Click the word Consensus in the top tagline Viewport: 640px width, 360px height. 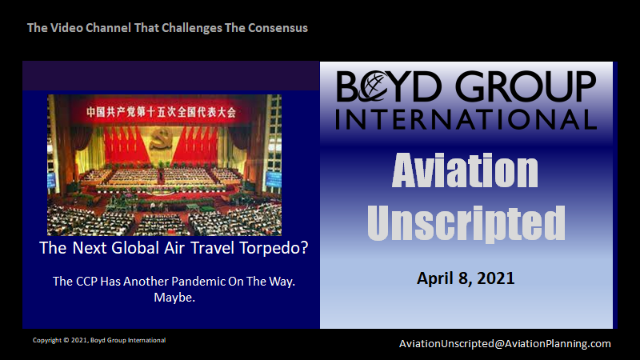point(278,28)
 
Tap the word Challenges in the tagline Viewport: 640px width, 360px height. point(192,28)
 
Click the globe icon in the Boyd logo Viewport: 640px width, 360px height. point(373,86)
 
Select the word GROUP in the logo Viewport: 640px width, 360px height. point(526,86)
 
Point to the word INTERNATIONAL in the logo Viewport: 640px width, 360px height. point(466,119)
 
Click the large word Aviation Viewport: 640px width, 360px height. point(465,170)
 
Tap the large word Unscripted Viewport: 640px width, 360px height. point(466,223)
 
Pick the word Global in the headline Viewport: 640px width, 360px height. point(135,248)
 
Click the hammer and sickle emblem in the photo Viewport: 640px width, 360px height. point(161,138)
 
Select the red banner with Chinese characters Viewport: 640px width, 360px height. point(162,111)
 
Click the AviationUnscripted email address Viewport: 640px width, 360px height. point(505,344)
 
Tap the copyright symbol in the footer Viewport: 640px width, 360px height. point(66,340)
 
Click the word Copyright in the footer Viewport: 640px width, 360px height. point(47,340)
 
